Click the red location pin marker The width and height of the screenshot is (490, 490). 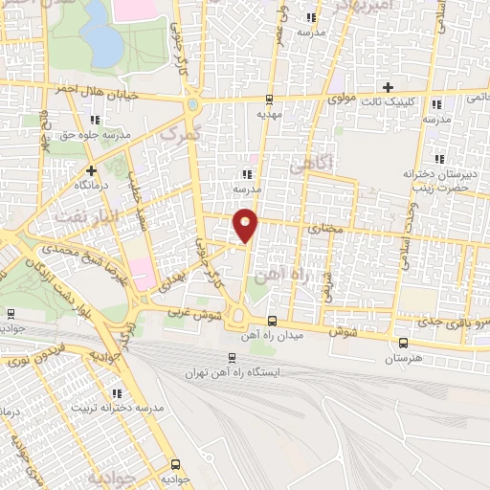247,226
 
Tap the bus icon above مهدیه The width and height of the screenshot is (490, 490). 269,99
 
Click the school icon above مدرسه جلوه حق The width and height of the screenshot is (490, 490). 94,120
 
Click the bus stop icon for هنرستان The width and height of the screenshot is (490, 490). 403,344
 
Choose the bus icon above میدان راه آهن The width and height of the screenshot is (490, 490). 273,321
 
